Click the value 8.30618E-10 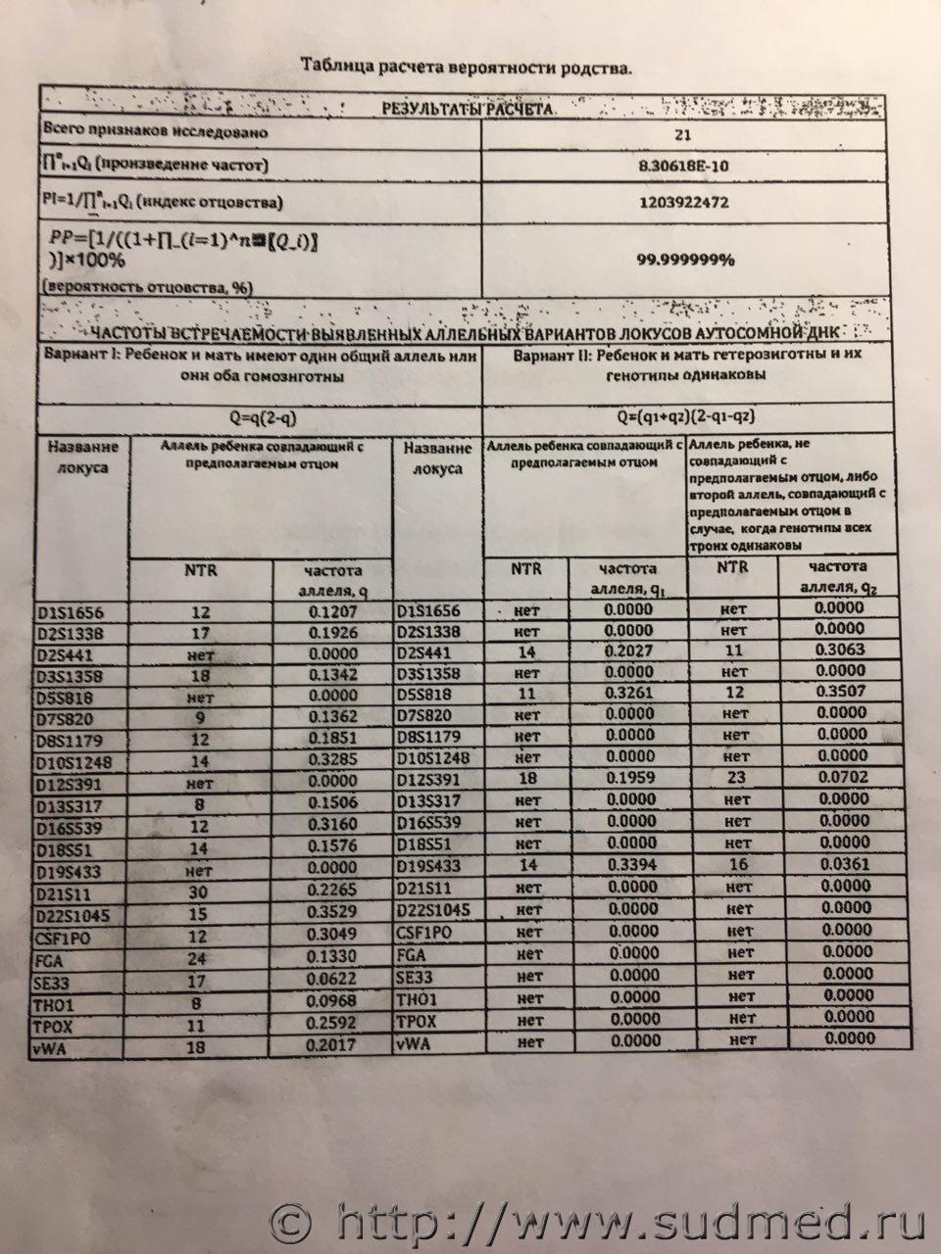point(682,167)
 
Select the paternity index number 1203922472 point(682,203)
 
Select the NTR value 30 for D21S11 point(201,893)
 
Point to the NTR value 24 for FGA point(201,959)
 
